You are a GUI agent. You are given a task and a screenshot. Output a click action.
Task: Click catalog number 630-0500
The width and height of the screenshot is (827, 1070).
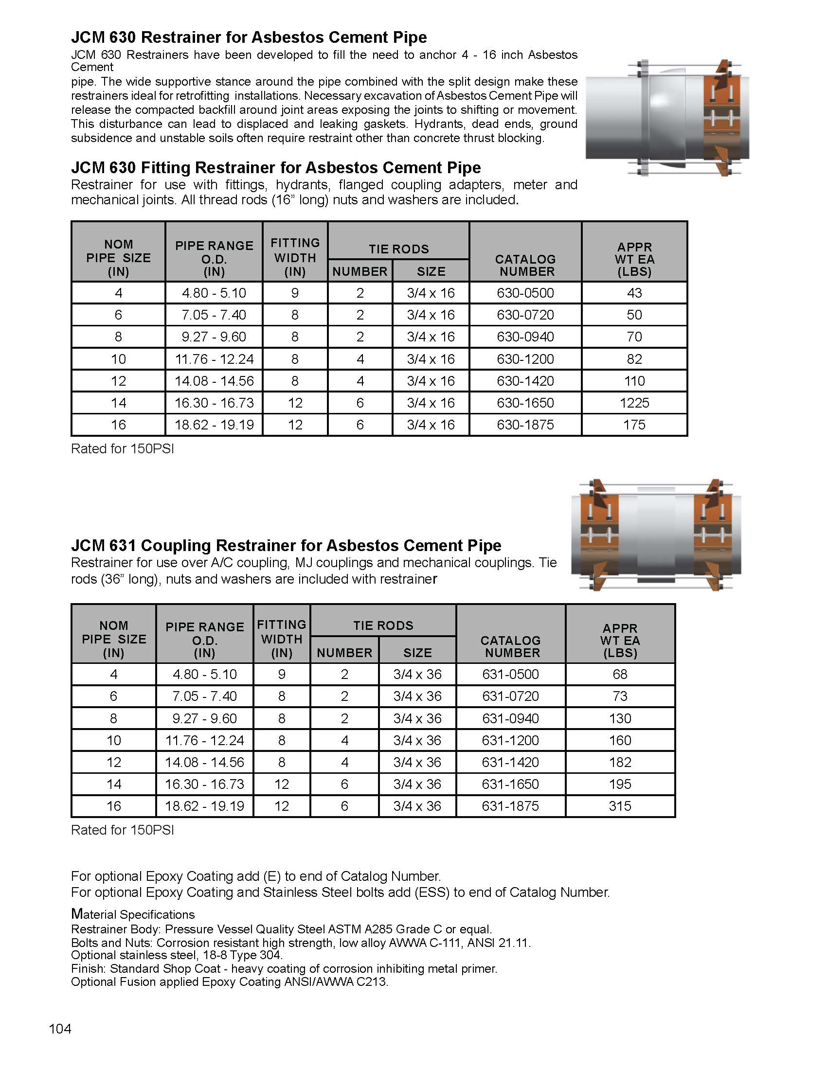[525, 293]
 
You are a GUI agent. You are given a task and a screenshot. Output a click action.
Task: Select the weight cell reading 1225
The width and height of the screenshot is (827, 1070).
[634, 403]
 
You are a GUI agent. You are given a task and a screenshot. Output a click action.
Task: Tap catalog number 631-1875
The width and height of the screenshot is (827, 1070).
[510, 806]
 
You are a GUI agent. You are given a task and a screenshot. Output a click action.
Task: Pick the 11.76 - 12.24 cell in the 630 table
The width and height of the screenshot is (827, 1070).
[214, 359]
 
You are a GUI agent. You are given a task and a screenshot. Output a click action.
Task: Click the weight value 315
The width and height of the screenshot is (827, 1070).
[620, 806]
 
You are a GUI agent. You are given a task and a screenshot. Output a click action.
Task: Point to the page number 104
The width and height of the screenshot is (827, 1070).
[60, 1029]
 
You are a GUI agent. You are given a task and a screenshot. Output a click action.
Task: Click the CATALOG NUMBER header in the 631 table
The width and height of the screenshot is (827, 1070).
[510, 646]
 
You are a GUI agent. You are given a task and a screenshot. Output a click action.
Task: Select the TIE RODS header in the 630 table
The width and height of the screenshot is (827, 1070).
[398, 249]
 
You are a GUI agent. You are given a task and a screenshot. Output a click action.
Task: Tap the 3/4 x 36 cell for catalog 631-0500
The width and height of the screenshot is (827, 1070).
[417, 674]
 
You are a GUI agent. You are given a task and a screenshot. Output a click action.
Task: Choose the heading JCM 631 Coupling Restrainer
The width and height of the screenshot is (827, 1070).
[286, 545]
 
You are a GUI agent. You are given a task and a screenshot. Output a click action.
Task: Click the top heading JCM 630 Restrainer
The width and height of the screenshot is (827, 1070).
[249, 37]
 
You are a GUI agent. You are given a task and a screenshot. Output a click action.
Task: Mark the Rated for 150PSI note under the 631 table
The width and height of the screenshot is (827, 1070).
[123, 830]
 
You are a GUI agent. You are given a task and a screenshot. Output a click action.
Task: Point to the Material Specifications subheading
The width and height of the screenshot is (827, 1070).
[133, 914]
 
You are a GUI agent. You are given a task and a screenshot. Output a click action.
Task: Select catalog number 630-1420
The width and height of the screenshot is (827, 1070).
[525, 381]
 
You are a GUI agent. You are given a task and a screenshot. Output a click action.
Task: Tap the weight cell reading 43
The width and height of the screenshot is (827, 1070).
[634, 293]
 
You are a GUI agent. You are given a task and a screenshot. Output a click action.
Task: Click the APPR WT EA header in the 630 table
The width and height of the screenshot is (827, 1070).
[634, 259]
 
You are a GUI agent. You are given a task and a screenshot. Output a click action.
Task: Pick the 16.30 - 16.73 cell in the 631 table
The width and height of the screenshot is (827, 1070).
[204, 784]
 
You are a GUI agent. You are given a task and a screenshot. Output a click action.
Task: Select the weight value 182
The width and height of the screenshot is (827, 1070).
[620, 762]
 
